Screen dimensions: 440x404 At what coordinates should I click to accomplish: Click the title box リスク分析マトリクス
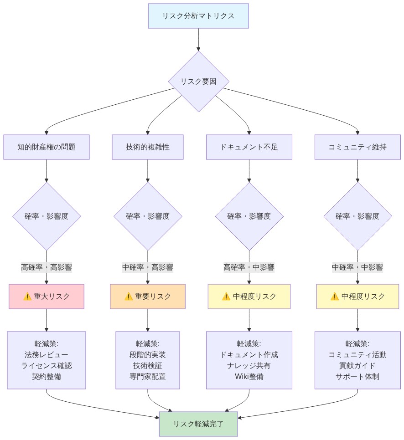[198, 16]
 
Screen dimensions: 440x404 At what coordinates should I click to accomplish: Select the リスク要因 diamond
[198, 82]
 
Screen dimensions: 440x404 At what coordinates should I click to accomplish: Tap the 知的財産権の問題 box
[47, 147]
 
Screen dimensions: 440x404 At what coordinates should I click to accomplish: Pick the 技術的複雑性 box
[148, 147]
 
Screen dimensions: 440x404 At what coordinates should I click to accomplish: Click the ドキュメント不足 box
[249, 147]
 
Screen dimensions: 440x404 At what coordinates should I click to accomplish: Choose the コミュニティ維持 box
[357, 147]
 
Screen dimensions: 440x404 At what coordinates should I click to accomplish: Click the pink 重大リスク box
[47, 297]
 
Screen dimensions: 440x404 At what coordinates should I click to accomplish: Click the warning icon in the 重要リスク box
[129, 297]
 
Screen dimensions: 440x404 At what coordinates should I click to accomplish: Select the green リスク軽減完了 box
[198, 424]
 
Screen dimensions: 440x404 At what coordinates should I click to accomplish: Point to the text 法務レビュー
[47, 354]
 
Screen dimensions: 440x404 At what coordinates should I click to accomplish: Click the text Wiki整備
[249, 377]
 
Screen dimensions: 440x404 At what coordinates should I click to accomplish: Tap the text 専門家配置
[148, 377]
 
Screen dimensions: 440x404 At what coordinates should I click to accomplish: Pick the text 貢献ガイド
[357, 366]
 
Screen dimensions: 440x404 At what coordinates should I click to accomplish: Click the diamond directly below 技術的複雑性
[148, 216]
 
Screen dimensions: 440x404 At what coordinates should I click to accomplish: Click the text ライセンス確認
[47, 366]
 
